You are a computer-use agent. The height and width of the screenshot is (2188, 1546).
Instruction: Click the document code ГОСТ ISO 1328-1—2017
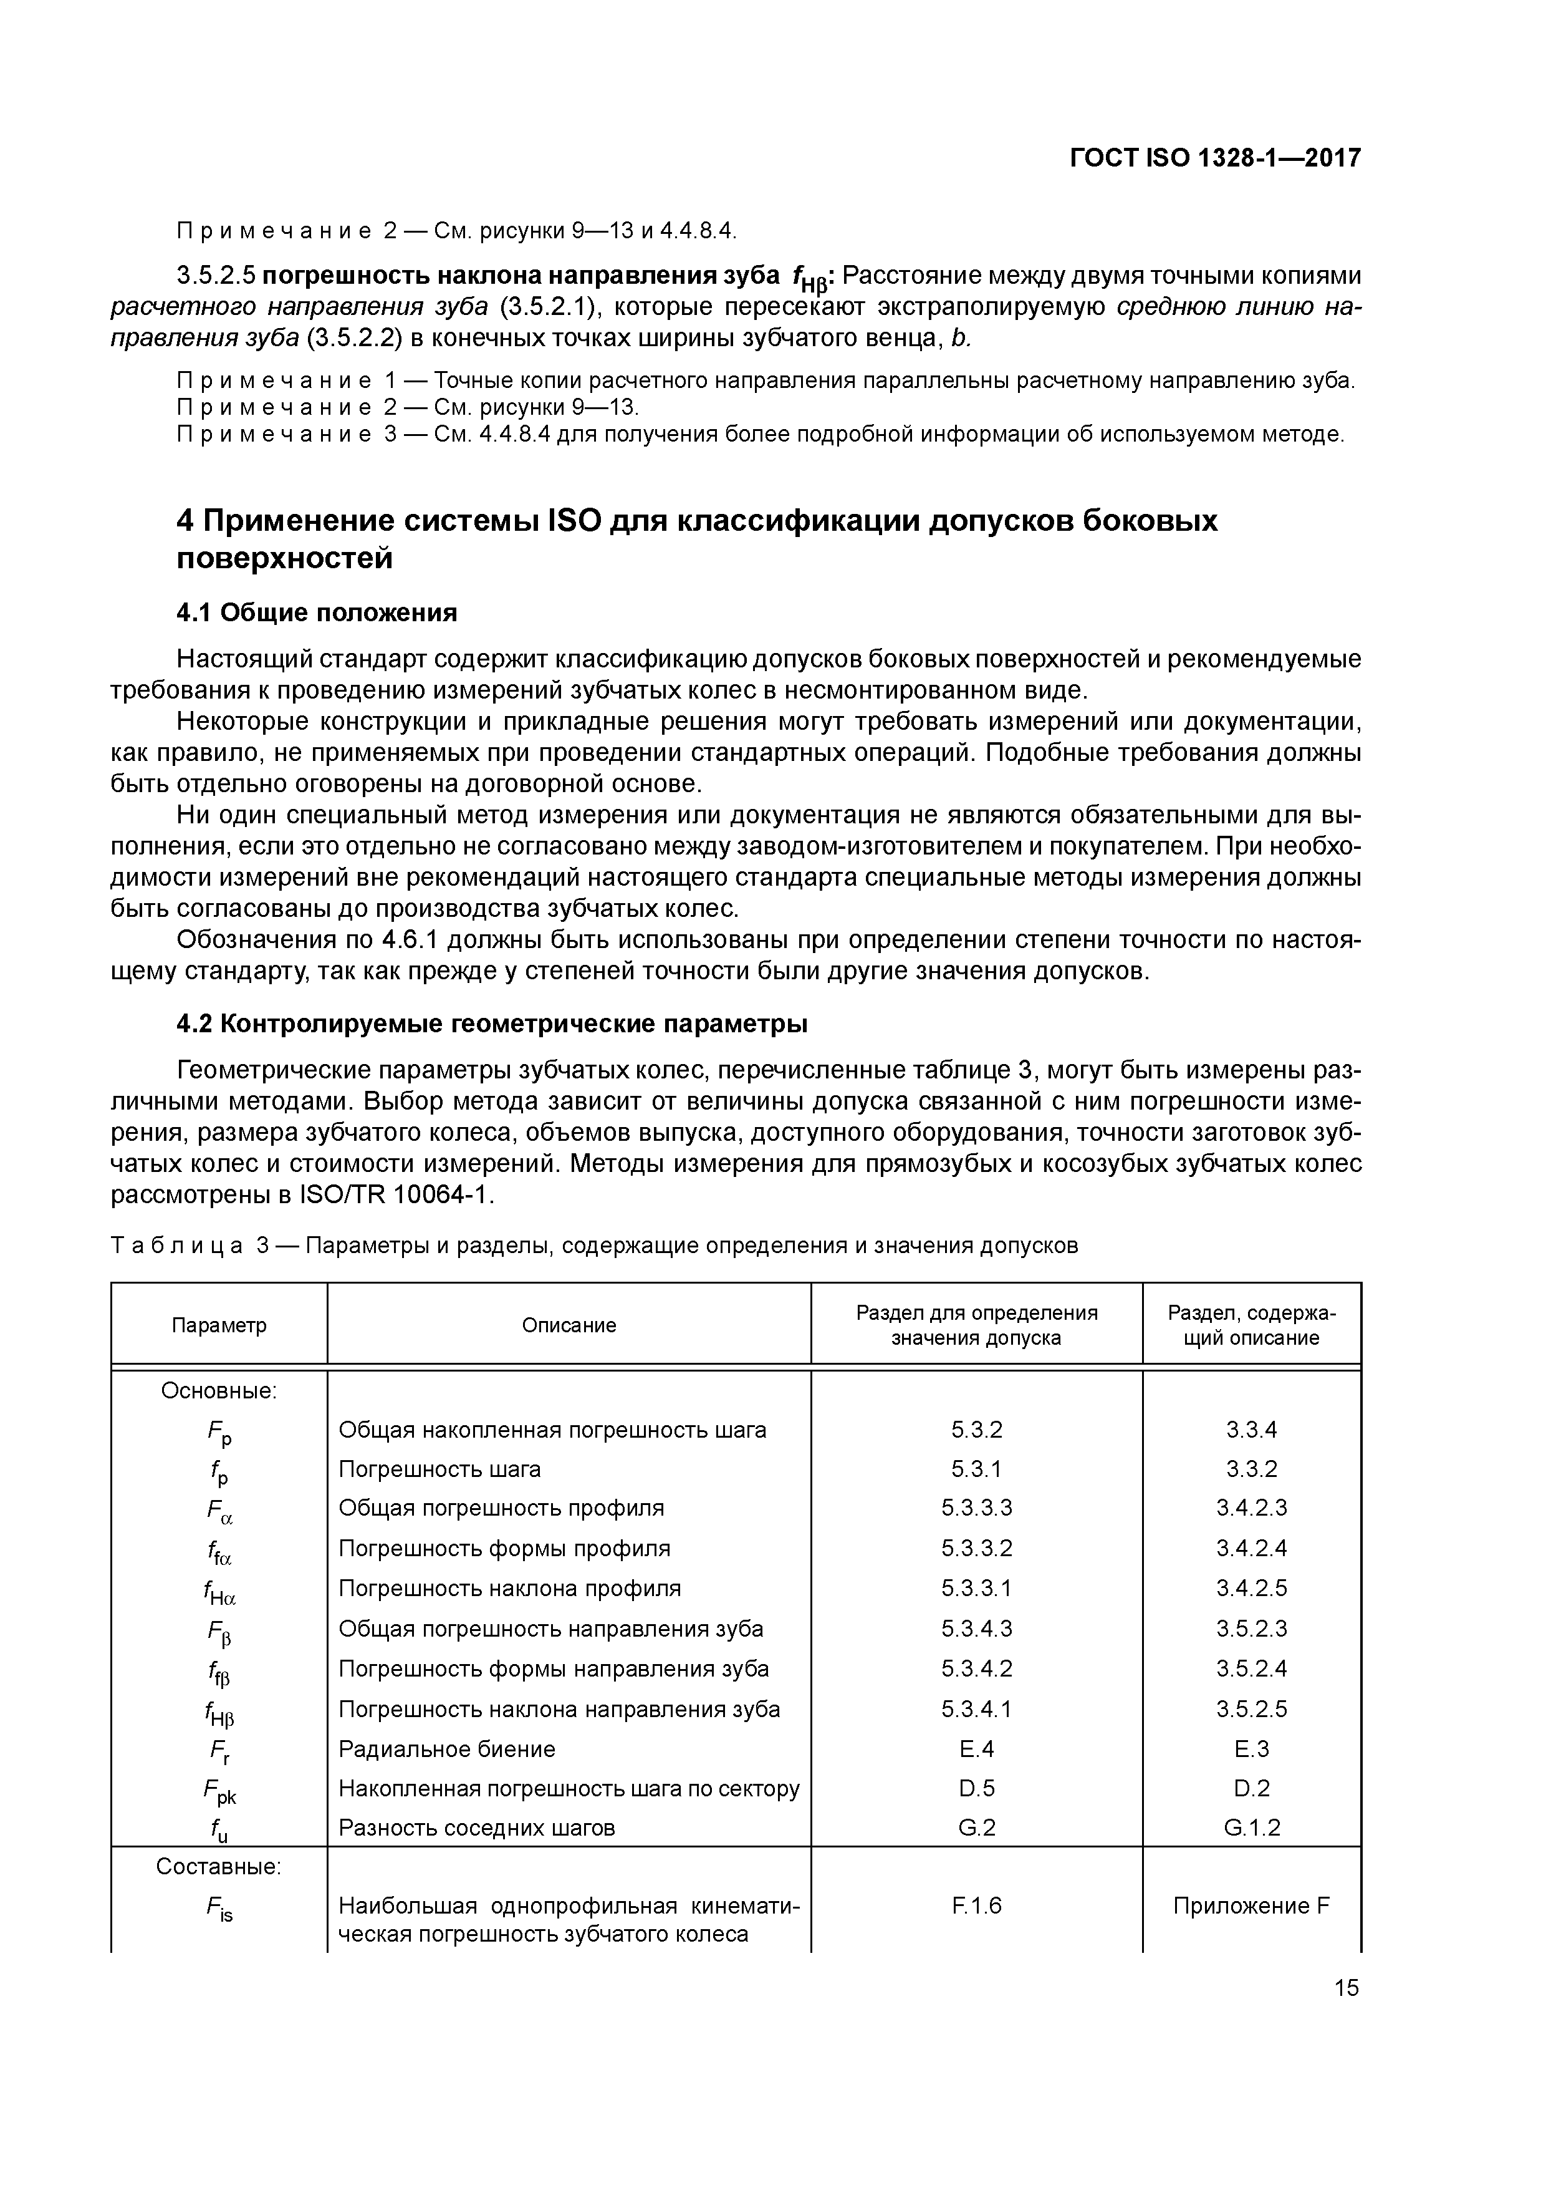(1214, 157)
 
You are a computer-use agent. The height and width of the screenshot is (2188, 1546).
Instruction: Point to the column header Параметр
(219, 1325)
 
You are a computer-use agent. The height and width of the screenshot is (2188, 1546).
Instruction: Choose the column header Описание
(569, 1325)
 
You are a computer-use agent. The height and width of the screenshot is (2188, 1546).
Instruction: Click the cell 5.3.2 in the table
(976, 1430)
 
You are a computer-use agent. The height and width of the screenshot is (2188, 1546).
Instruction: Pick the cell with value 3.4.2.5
(1251, 1587)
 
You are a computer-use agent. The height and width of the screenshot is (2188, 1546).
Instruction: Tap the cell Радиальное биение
(447, 1749)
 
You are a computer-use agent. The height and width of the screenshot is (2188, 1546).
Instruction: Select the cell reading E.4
(976, 1749)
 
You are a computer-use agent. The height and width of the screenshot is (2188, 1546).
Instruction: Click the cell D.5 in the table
(976, 1789)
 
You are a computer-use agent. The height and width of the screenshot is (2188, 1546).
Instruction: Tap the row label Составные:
(219, 1866)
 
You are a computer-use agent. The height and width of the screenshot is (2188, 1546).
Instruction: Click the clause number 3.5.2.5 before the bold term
(216, 276)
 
